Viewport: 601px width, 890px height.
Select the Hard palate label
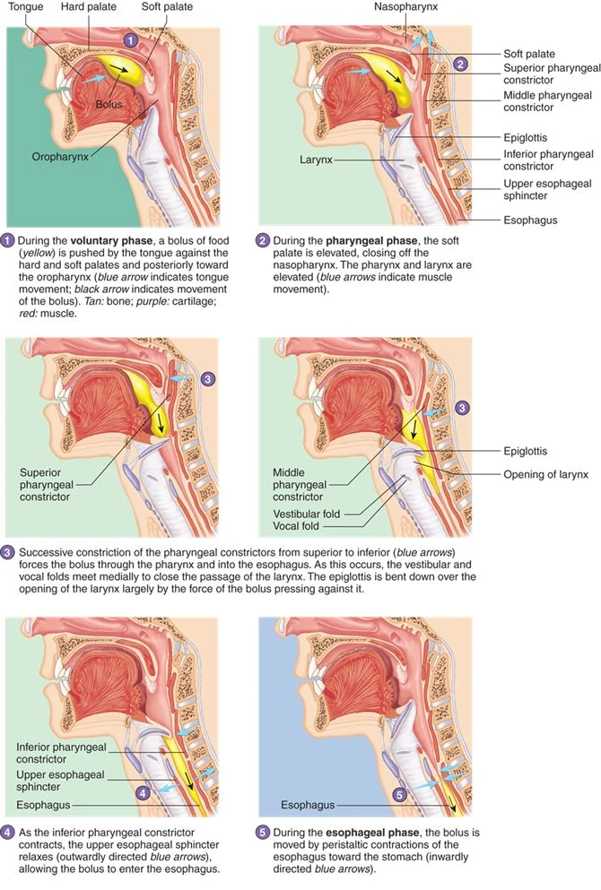87,7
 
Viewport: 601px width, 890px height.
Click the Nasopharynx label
406,7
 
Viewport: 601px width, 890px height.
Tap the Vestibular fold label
309,514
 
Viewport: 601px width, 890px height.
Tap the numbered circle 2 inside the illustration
459,63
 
